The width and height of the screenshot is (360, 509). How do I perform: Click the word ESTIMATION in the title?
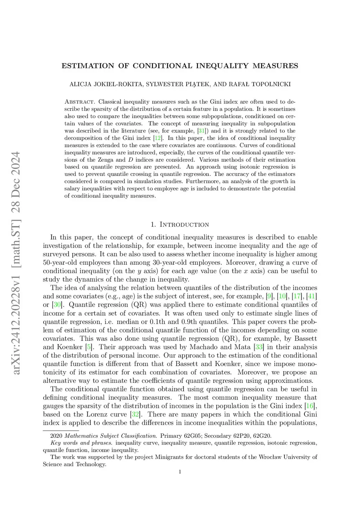coord(88,66)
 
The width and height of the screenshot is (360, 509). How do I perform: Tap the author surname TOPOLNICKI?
coord(271,84)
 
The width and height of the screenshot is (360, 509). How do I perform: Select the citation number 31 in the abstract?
coord(201,131)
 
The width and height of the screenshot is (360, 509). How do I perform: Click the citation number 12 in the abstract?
coord(158,138)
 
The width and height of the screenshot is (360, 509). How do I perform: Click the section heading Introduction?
coord(184,225)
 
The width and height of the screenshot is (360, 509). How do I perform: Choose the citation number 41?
coord(311,296)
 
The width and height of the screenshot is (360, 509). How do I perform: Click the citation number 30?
coord(57,305)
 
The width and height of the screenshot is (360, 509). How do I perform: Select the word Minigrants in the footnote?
coord(170,457)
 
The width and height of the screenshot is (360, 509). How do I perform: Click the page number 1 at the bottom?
coord(180,472)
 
